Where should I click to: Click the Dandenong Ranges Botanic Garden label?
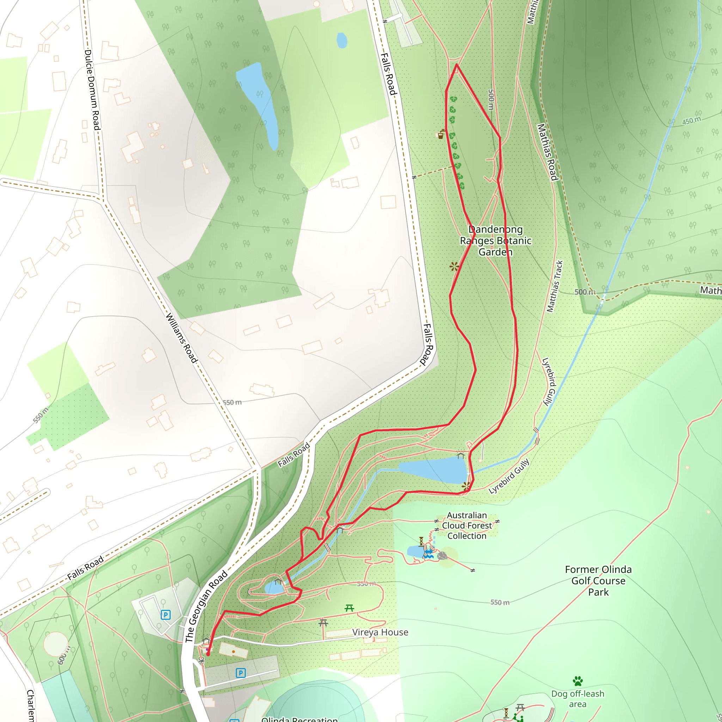[x=496, y=241]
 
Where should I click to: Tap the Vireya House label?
[x=380, y=632]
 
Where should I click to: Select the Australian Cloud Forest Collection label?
[x=467, y=525]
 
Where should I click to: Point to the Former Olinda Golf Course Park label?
[x=598, y=581]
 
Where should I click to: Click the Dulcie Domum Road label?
[x=92, y=90]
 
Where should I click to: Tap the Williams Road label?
[x=181, y=338]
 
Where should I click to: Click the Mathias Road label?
[x=547, y=152]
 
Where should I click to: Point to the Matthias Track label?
[x=555, y=287]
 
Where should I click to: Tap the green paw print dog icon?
[x=578, y=681]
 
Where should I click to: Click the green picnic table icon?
[x=349, y=608]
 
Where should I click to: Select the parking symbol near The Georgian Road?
[x=166, y=615]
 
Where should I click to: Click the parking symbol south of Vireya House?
[x=241, y=673]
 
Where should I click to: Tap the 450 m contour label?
[x=691, y=121]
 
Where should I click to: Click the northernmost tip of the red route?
[x=456, y=65]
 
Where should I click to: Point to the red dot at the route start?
[x=208, y=654]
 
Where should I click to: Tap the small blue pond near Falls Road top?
[x=342, y=40]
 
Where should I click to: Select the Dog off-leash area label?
[x=578, y=698]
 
